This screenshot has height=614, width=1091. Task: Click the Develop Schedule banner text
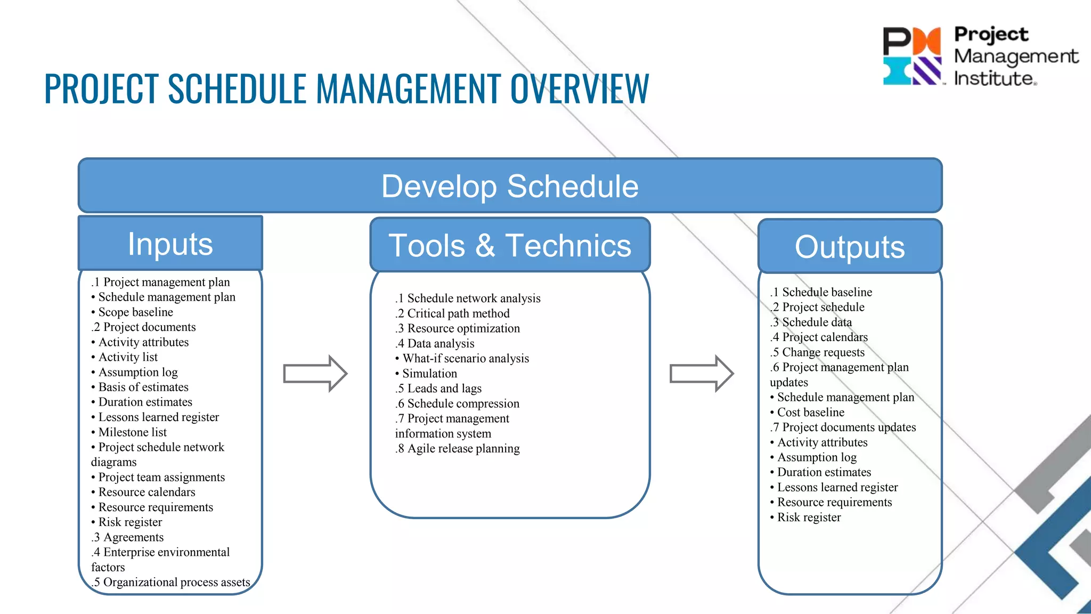[510, 187]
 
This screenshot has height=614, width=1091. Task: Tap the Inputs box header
[170, 244]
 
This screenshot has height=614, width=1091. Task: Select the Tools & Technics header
[510, 246]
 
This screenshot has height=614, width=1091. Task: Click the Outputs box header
[850, 247]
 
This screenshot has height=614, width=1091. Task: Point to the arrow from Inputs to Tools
[315, 373]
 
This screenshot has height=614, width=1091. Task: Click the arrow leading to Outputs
[701, 373]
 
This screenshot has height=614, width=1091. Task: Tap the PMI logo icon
[912, 56]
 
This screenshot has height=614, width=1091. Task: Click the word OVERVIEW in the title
[580, 89]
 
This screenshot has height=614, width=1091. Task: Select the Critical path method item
[453, 313]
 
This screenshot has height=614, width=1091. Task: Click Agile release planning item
[458, 449]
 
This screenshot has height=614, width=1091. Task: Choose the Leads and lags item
[438, 389]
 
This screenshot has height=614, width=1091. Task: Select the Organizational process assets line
[171, 583]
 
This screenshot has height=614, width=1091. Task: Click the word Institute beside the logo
[994, 79]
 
